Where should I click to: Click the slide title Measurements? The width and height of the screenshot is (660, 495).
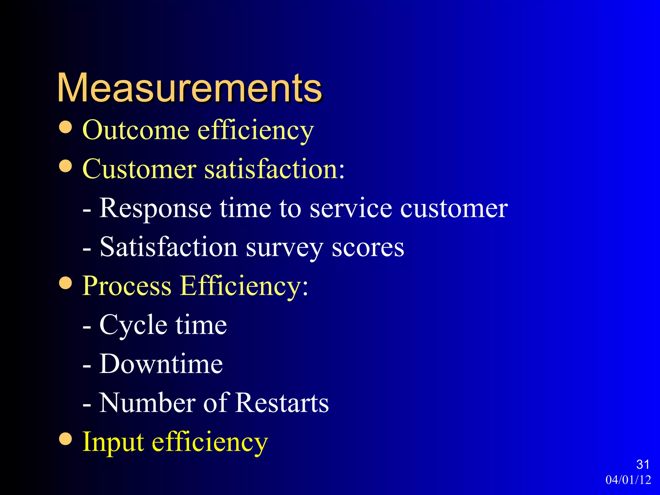[189, 88]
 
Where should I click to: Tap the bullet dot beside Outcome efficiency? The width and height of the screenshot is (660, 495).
[66, 127]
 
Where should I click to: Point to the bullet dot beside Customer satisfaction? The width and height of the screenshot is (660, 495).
[66, 166]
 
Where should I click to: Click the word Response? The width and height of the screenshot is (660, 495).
[155, 209]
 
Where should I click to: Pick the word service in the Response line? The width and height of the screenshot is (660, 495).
[351, 208]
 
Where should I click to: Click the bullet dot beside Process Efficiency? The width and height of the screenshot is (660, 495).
[66, 283]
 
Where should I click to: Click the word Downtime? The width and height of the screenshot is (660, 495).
[161, 364]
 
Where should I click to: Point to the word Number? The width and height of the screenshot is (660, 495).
[147, 403]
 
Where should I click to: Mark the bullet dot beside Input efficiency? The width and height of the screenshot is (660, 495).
[66, 439]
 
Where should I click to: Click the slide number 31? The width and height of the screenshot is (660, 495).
[643, 464]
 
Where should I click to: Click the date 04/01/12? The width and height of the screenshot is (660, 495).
[628, 480]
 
